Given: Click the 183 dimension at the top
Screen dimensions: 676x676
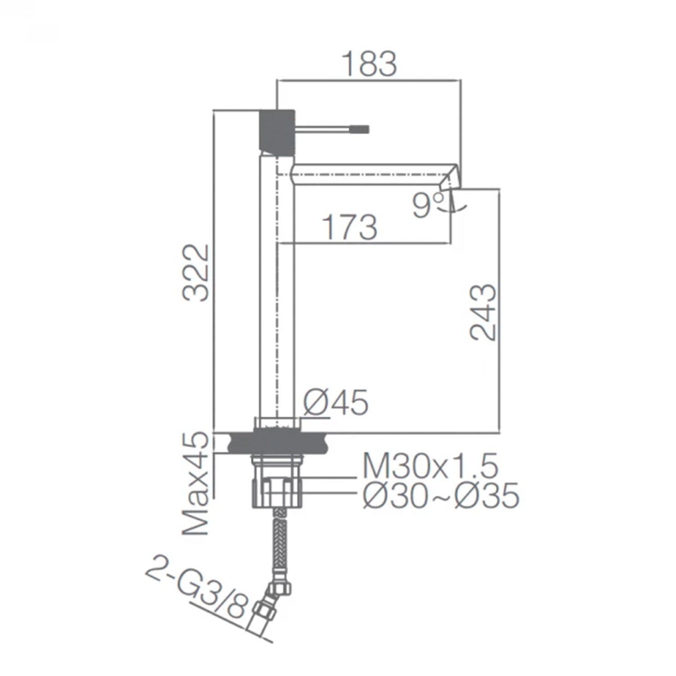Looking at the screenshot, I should point(370,64).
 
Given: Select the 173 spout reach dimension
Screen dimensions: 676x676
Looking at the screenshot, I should point(350,228).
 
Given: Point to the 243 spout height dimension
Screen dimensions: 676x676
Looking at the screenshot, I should point(482,312).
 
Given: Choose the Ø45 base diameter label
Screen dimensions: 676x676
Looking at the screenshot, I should point(336,402).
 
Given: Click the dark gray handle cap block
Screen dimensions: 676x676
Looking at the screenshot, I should point(277,130).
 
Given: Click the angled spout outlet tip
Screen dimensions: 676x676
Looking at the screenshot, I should point(453,178).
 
